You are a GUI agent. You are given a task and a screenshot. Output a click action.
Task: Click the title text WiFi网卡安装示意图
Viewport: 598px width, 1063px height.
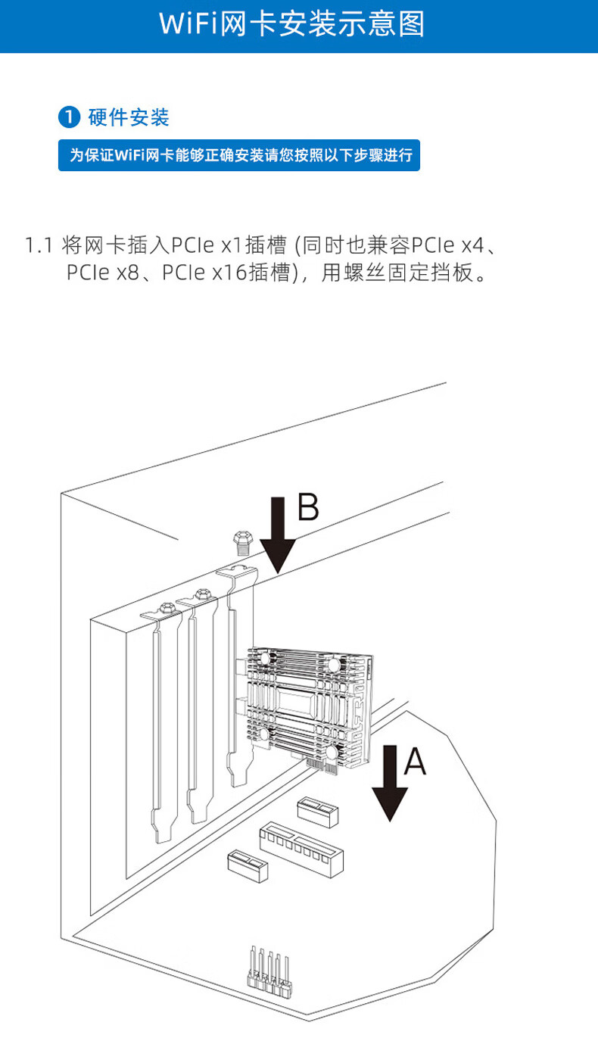point(292,23)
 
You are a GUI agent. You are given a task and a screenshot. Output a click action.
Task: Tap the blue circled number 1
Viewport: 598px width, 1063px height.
point(70,117)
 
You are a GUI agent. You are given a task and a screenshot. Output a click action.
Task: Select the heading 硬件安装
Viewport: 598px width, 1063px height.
point(129,117)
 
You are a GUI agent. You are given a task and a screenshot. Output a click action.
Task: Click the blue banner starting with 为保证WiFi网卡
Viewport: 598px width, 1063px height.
point(239,155)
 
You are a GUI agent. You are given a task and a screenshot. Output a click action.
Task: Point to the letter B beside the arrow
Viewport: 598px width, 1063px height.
point(309,507)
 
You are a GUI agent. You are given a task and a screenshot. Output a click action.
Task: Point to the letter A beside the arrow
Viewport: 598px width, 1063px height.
point(416,761)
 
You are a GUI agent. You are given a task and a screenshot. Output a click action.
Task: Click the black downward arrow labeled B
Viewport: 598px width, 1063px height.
point(278,535)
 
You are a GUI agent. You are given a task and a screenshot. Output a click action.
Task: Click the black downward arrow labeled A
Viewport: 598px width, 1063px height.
point(390,784)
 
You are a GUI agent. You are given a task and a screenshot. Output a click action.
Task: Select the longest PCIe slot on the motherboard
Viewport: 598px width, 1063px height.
point(301,849)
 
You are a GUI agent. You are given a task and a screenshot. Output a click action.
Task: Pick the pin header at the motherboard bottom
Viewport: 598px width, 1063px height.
point(269,973)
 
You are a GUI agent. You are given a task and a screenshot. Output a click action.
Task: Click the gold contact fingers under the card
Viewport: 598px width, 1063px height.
point(321,765)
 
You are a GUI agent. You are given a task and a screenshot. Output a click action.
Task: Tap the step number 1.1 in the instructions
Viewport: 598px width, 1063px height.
point(39,245)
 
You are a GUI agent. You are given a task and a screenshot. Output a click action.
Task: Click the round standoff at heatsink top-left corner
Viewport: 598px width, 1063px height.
point(264,658)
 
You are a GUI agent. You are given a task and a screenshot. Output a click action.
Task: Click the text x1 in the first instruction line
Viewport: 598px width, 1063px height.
point(232,245)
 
